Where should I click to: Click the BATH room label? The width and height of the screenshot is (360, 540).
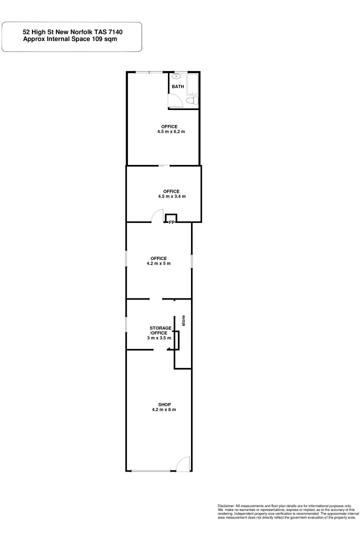pos(178,86)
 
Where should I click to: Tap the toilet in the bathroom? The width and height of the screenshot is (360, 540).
pos(190,101)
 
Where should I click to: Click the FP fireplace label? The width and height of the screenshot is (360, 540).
pos(171,222)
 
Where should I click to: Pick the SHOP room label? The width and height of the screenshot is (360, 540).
pos(164,404)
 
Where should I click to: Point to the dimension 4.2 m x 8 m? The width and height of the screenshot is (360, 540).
pos(164,409)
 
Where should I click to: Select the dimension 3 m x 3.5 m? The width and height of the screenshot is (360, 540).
pos(159,338)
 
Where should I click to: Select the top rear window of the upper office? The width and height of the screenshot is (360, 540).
pos(149,72)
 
